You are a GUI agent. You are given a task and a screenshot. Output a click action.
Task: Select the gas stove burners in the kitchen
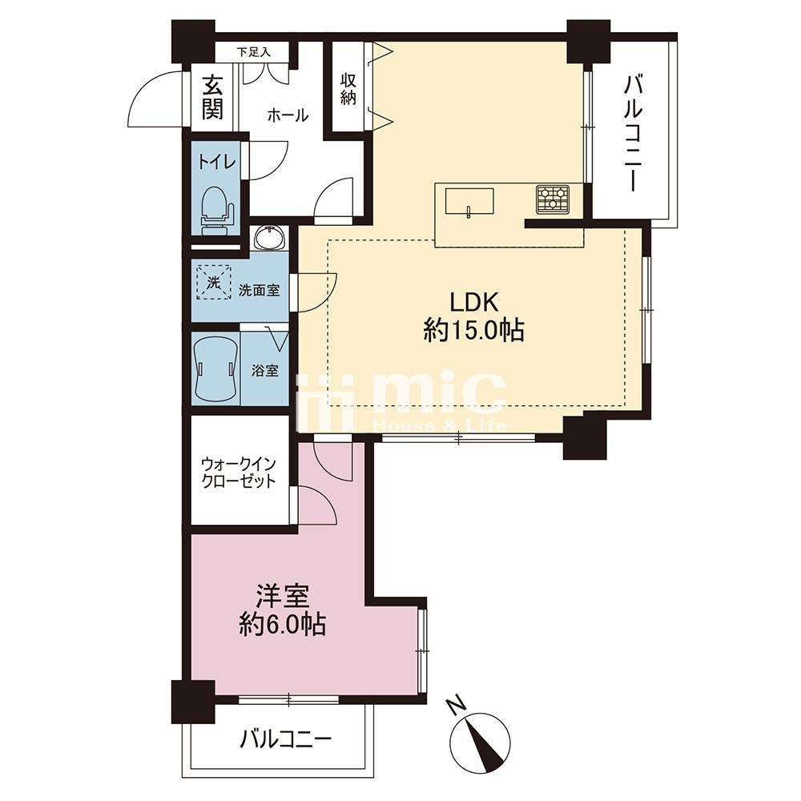(553, 199)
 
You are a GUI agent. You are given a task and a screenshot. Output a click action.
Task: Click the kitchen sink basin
(469, 201)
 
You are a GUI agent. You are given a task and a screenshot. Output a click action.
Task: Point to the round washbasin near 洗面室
(270, 238)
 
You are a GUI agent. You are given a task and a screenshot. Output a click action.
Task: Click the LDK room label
(473, 303)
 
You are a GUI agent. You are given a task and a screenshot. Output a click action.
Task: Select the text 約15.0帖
(473, 332)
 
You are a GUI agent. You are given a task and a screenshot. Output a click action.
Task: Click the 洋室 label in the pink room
(283, 597)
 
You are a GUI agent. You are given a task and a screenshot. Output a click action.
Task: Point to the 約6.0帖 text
(283, 624)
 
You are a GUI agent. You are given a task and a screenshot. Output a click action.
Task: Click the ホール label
(288, 115)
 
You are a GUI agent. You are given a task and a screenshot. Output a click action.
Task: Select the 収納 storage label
(348, 89)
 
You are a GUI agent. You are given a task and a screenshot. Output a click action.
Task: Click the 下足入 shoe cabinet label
(253, 52)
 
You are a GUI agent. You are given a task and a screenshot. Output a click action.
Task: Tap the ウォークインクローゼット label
(239, 473)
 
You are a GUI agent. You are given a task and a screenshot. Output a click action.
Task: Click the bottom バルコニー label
(286, 739)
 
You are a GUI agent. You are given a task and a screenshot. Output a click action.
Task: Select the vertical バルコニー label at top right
(633, 133)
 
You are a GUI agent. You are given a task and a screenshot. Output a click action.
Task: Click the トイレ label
(216, 163)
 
